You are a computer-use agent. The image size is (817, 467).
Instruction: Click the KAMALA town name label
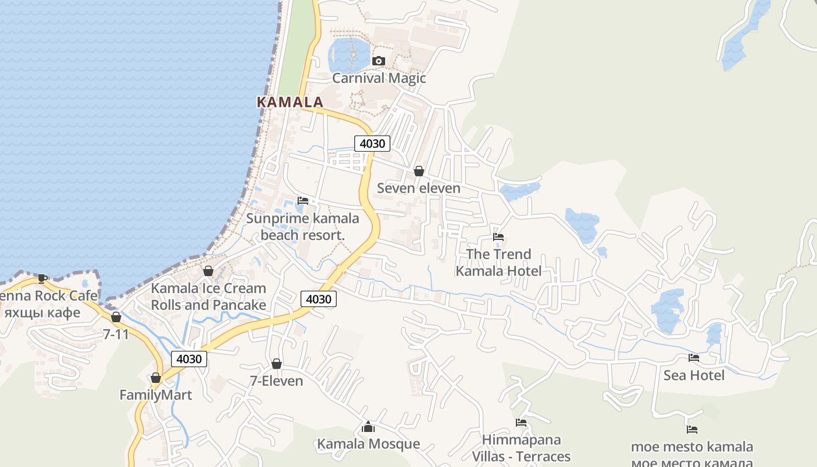click(289, 102)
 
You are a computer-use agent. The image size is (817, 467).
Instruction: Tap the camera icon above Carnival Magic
click(379, 61)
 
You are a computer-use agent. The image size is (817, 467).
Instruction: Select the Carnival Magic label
click(379, 78)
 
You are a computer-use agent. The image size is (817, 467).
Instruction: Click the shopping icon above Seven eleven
click(418, 171)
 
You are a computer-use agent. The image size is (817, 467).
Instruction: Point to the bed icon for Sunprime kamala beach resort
click(302, 201)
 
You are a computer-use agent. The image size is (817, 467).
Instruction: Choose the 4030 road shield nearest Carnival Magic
click(372, 144)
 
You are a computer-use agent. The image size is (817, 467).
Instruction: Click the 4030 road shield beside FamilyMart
click(188, 359)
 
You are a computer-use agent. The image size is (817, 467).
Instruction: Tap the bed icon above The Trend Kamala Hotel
click(498, 237)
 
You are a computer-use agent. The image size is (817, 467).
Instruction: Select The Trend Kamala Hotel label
click(498, 263)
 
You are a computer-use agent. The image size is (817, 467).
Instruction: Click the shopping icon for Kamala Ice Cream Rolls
click(208, 271)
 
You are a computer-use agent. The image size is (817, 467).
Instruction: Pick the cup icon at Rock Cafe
click(42, 278)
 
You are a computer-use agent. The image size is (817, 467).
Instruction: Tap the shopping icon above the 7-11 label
click(116, 317)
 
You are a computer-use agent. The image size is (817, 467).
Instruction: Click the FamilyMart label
click(155, 395)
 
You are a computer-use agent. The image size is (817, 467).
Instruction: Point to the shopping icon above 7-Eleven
click(276, 364)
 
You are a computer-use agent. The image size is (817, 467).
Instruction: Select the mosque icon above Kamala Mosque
click(368, 427)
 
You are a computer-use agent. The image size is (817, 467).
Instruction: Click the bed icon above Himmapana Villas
click(521, 423)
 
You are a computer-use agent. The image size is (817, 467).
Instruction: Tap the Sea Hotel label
click(694, 375)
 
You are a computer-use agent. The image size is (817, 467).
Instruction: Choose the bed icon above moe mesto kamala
click(692, 430)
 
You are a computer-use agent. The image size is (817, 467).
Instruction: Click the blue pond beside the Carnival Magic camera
click(348, 54)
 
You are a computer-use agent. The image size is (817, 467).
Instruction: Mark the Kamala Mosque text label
click(368, 444)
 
